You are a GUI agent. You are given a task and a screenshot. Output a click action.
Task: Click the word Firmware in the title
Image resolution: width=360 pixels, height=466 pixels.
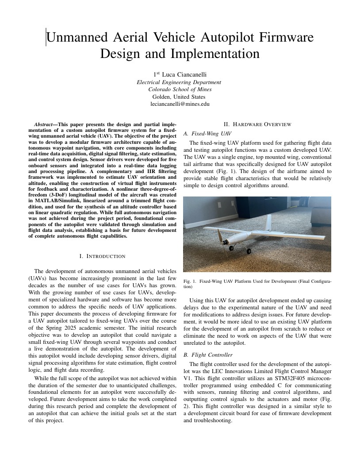tap(283, 37)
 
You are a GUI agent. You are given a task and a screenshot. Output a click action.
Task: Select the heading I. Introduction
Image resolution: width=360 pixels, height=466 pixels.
tap(102, 256)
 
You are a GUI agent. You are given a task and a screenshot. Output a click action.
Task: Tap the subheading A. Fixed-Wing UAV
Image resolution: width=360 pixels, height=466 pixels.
tap(207, 133)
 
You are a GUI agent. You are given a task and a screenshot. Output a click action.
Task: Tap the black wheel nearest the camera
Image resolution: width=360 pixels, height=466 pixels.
tap(248, 251)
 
